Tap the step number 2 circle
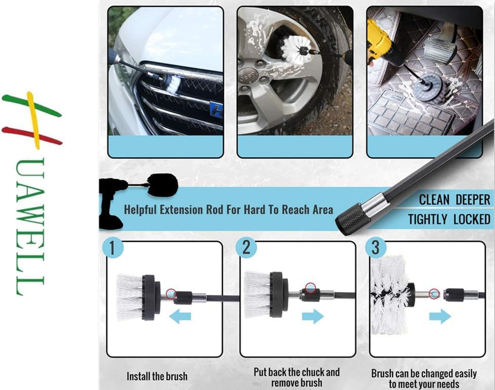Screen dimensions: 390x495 pyautogui.click(x=246, y=248)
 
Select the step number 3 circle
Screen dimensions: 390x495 pyautogui.click(x=376, y=248)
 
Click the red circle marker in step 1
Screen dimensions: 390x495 pyautogui.click(x=171, y=293)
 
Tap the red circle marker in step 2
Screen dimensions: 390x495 pyautogui.click(x=309, y=288)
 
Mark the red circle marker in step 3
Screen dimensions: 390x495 pyautogui.click(x=435, y=293)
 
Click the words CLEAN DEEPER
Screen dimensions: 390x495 pyautogui.click(x=455, y=200)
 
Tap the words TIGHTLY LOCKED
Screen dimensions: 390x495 pyautogui.click(x=449, y=219)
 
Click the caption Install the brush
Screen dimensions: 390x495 pyautogui.click(x=157, y=376)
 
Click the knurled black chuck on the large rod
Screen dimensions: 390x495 pyautogui.click(x=351, y=219)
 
